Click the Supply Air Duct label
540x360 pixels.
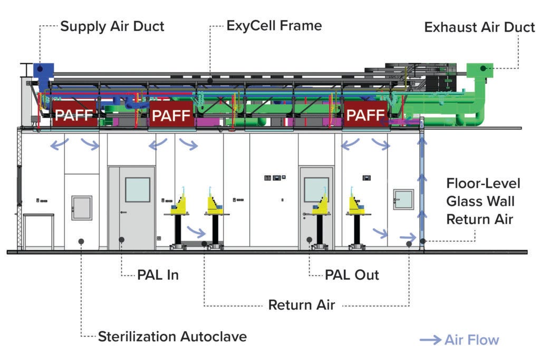tap(112, 26)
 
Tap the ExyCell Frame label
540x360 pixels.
tap(274, 25)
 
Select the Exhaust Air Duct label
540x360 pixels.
tap(479, 27)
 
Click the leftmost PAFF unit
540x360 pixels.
tap(74, 114)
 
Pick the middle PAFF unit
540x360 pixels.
tap(171, 114)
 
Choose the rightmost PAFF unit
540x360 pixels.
tap(364, 114)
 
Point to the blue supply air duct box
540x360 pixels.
tap(44, 70)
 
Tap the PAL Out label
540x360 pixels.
tap(352, 275)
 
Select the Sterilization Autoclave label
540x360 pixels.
tap(172, 336)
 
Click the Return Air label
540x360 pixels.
tap(302, 305)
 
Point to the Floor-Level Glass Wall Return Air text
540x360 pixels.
tap(483, 201)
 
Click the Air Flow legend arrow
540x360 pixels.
tap(430, 340)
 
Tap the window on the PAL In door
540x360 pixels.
tap(137, 190)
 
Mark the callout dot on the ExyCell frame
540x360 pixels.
tap(210, 81)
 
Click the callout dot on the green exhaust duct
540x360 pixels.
tap(483, 68)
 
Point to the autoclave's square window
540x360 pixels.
tap(82, 208)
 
